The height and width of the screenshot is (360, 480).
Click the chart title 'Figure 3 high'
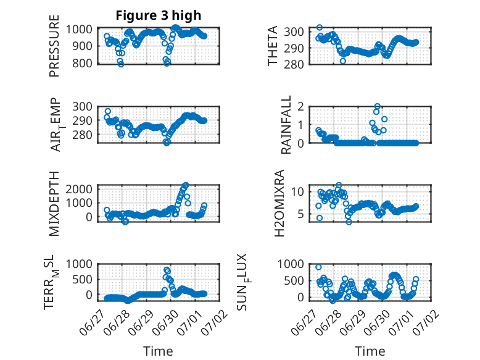(159, 15)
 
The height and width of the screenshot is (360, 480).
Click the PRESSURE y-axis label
(54, 46)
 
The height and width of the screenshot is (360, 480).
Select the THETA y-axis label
(272, 46)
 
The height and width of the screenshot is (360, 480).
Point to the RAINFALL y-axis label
(286, 125)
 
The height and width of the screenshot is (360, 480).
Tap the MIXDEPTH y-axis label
(54, 204)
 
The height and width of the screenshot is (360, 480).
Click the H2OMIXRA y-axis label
(279, 203)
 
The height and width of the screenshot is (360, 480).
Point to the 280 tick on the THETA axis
(294, 65)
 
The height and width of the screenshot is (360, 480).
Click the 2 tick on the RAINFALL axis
(300, 107)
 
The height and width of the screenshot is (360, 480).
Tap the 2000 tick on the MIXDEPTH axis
(79, 189)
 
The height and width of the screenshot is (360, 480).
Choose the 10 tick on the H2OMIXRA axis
(297, 192)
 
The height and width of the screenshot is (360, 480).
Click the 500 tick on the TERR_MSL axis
(82, 279)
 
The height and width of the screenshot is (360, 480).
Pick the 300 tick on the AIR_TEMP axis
(82, 107)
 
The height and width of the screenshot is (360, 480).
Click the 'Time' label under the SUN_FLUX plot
(370, 351)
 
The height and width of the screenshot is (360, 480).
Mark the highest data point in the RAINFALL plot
(378, 107)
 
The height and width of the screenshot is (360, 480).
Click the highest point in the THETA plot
(320, 28)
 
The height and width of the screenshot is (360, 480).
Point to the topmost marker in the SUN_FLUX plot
(318, 267)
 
